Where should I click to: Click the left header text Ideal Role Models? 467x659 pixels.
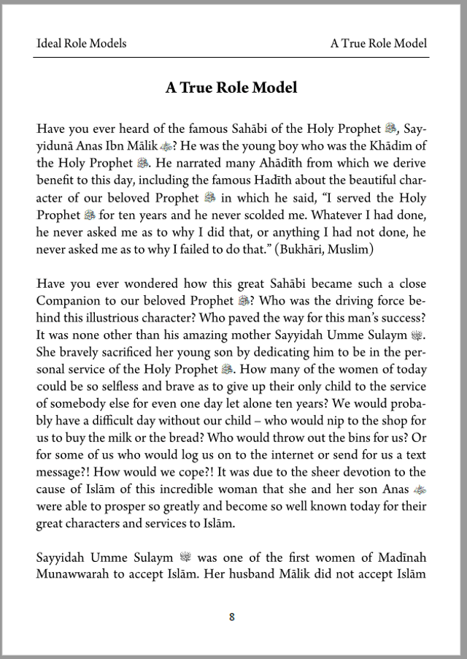point(81,44)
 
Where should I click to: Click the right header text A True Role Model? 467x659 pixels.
point(378,44)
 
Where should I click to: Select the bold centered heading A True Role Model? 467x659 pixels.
point(231,88)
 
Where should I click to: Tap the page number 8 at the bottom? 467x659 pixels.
point(232,617)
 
